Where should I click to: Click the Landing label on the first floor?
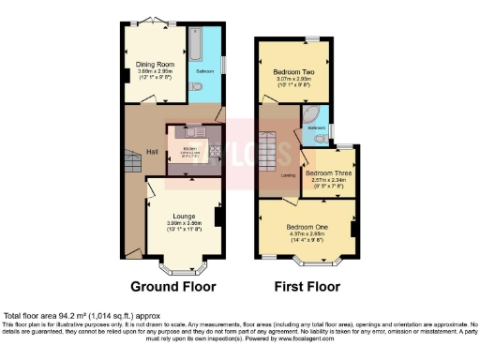(289, 175)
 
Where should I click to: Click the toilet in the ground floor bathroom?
(195, 86)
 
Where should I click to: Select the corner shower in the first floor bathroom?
(311, 117)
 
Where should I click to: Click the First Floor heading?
(305, 286)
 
